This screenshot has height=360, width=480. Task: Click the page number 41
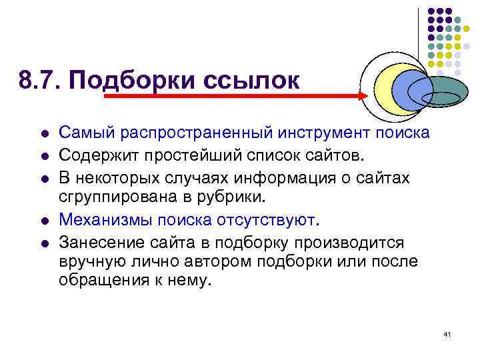[447, 333]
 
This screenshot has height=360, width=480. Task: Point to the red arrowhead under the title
[363, 96]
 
